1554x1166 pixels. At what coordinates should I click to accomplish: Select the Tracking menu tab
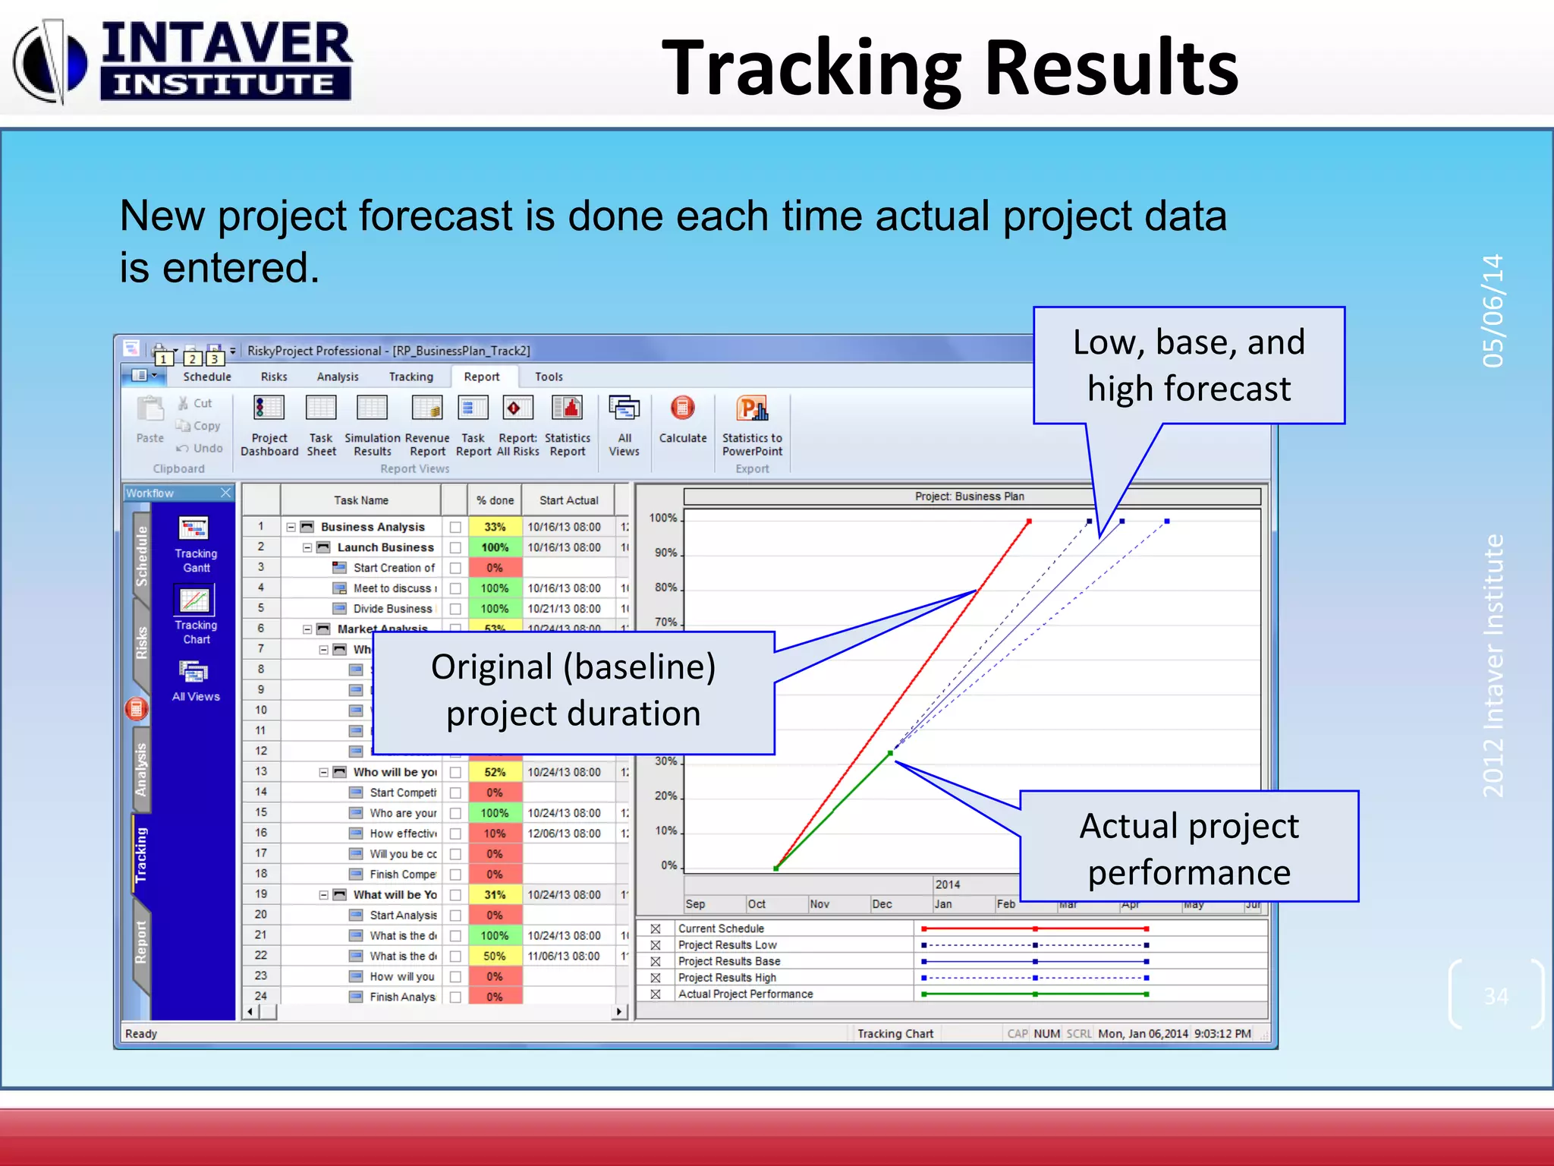coord(411,377)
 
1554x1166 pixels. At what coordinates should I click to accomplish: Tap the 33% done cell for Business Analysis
coord(495,527)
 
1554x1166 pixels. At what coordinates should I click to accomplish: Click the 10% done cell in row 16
coord(495,834)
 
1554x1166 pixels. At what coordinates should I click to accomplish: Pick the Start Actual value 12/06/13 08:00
coord(564,834)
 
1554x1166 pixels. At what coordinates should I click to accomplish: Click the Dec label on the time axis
coord(882,904)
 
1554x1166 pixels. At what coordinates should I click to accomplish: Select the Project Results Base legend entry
coord(728,961)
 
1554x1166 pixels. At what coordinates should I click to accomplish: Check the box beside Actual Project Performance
coord(656,994)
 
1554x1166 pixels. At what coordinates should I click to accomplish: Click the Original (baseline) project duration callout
coord(573,691)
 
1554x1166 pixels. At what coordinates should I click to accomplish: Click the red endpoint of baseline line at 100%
coord(1029,522)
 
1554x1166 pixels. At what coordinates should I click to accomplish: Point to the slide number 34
coord(1496,996)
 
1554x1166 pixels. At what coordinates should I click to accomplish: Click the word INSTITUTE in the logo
coord(225,84)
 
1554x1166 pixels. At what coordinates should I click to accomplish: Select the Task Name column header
coord(361,500)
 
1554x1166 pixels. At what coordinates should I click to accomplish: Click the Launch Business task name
coord(385,547)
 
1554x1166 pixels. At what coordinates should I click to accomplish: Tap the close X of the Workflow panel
coord(225,493)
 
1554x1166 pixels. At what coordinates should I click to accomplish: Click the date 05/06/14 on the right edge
coord(1492,310)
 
